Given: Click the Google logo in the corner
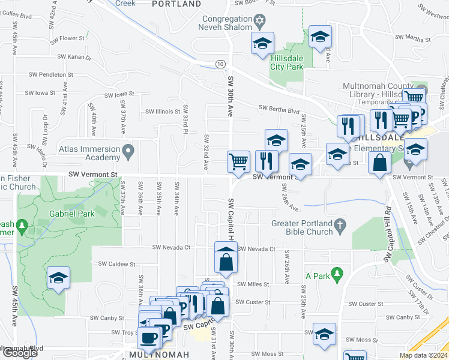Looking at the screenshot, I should point(19,353).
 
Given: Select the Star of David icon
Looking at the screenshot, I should point(259,22).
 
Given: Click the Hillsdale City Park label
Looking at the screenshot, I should point(286,62).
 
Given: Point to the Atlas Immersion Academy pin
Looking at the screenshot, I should point(128,152).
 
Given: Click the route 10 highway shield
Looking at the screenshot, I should point(221,64).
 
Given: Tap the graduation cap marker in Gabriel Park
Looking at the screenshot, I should point(59,277).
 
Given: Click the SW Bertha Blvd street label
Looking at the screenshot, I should point(279,110).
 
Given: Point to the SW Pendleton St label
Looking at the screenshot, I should point(51,75).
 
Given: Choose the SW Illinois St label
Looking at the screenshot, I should point(163,112).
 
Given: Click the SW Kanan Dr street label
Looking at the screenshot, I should point(74,58).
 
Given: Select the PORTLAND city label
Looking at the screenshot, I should point(176,4).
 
